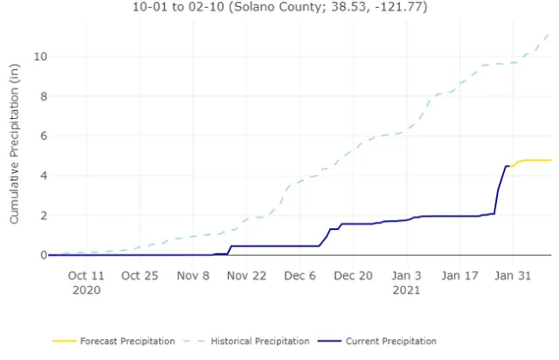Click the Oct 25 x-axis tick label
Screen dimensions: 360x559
coord(141,275)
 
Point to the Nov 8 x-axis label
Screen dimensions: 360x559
coord(194,275)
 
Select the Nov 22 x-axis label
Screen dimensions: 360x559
coord(247,275)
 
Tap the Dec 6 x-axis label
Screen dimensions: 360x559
coord(300,275)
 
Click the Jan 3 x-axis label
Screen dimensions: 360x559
coord(408,275)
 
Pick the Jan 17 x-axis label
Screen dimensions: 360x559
coord(460,275)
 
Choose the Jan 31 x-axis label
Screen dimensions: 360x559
coord(514,275)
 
